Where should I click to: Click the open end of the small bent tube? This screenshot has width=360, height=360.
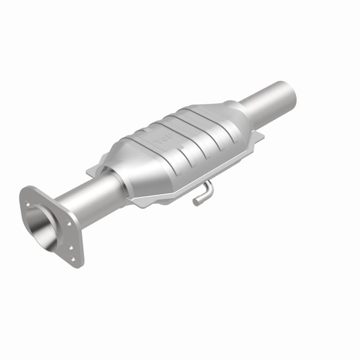[196, 202]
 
